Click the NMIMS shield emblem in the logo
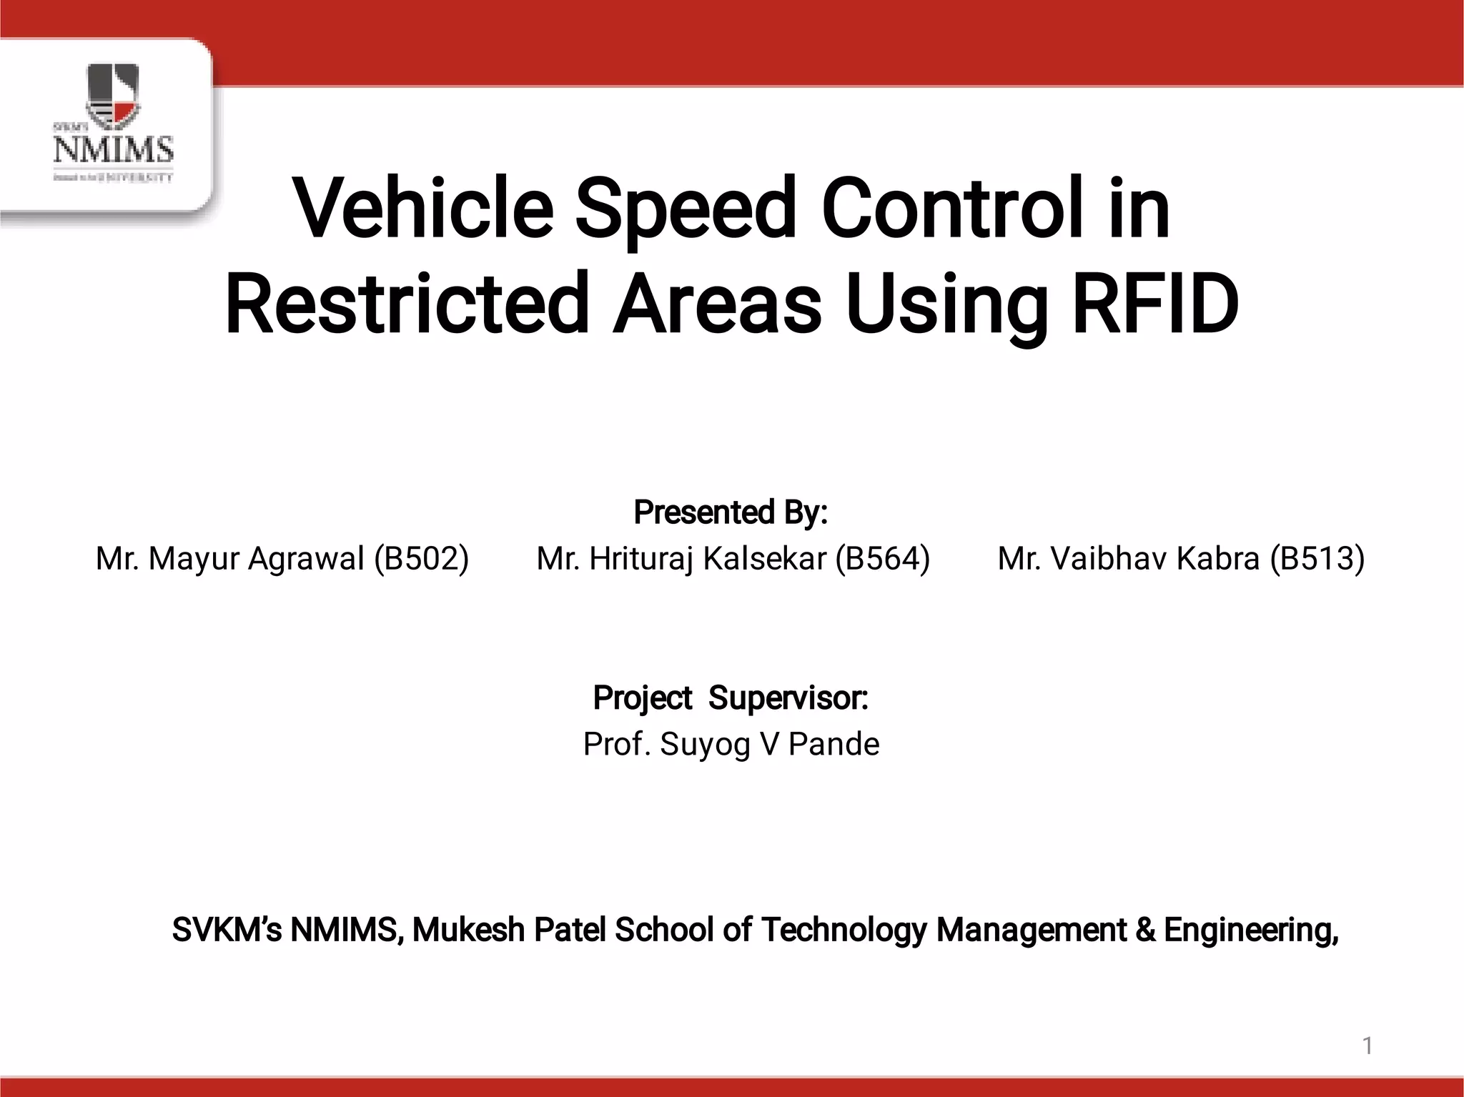(112, 93)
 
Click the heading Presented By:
(731, 512)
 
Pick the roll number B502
(422, 558)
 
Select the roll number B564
(883, 558)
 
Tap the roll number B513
(1317, 558)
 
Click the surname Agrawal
(306, 558)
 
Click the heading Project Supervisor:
(731, 698)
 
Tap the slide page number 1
(1367, 1046)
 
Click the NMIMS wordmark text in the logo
(113, 150)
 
